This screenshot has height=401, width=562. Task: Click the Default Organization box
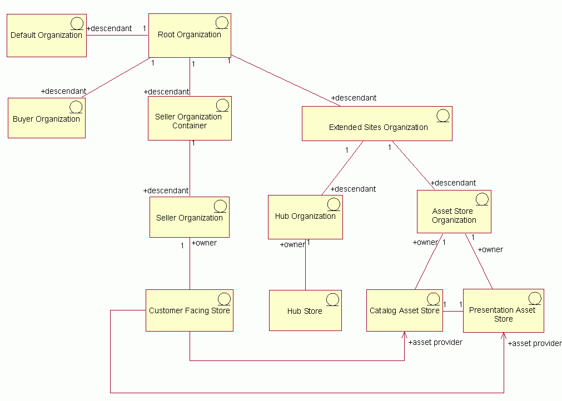tap(46, 36)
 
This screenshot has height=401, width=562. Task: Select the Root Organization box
tap(190, 35)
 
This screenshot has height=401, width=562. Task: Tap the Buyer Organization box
tap(46, 118)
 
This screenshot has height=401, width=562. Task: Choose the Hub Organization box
tap(305, 217)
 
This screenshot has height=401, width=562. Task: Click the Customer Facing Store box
tap(189, 310)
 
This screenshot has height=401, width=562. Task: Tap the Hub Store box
tap(305, 310)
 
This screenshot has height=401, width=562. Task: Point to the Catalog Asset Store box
tap(404, 310)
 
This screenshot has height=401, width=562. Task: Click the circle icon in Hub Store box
tap(332, 300)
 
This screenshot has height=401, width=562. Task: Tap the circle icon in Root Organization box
tap(222, 23)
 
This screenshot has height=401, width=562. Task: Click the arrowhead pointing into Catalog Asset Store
tap(404, 335)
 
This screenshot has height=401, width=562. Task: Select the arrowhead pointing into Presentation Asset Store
tap(504, 335)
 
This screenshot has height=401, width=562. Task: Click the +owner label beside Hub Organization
tap(292, 244)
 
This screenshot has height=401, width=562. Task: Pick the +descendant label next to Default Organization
tap(110, 28)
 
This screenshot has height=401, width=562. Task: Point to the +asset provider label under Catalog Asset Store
tap(435, 342)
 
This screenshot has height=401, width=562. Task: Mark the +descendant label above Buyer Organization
tap(63, 91)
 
